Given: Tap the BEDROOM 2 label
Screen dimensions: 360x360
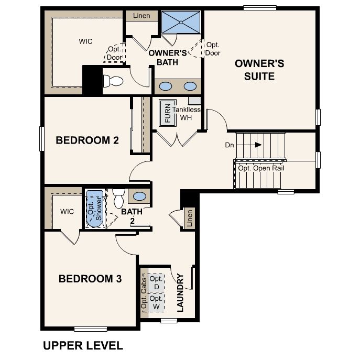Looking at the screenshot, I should [x=87, y=140].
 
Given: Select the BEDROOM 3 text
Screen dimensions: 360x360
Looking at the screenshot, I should [x=90, y=279].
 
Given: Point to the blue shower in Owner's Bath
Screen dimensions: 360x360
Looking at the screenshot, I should [x=180, y=21].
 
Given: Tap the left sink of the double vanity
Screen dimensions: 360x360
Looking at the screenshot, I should [x=165, y=86].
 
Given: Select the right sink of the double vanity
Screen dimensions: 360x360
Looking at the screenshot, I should [x=190, y=86].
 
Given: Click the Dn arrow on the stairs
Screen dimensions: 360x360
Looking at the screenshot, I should [x=258, y=144].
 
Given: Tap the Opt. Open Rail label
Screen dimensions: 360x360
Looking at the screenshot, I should [x=260, y=168].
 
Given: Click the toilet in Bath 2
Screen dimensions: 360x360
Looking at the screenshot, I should [x=118, y=197].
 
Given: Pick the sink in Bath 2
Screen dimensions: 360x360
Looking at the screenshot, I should [x=140, y=197].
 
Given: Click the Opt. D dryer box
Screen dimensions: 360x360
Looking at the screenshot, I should [x=156, y=283].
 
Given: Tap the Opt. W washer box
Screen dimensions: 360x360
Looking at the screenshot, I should [x=156, y=302].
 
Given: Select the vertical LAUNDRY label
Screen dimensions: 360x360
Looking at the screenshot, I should [x=180, y=292].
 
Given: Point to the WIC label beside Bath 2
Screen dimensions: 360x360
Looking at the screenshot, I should [x=67, y=212].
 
